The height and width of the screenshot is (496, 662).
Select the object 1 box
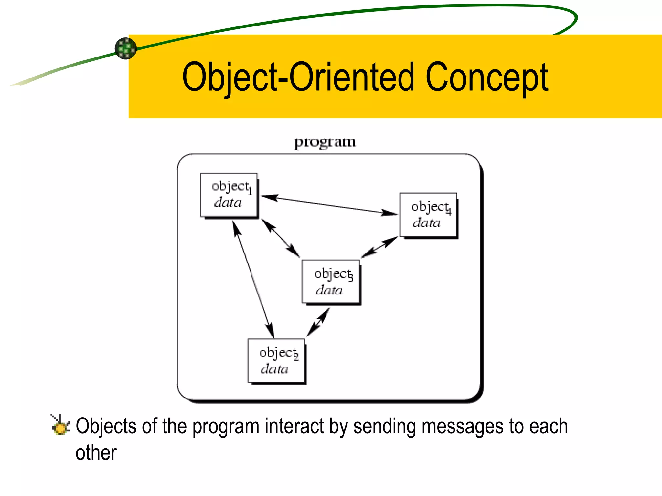229,195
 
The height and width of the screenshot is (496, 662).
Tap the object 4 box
428,215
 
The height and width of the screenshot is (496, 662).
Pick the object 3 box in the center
331,282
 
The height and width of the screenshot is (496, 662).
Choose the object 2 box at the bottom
276,361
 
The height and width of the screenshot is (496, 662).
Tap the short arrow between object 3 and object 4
379,247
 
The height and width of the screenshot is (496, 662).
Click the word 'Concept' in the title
486,77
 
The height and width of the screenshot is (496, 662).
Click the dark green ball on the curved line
126,48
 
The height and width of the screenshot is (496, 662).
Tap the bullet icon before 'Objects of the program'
60,425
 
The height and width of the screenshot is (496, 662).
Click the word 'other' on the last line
96,453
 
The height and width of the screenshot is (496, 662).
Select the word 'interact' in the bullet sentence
294,426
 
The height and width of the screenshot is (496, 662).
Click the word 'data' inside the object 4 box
426,223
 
